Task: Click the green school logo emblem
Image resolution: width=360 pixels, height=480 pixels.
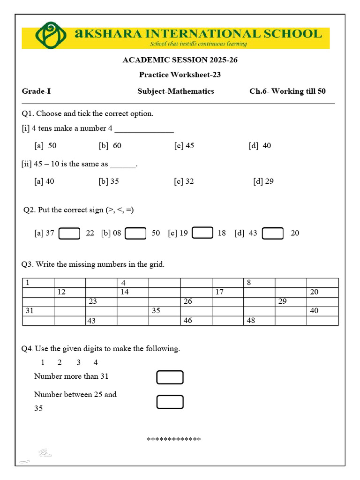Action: click(x=48, y=35)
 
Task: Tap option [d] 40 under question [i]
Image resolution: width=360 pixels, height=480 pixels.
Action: click(x=260, y=145)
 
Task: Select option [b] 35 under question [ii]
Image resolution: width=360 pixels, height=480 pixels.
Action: click(x=109, y=181)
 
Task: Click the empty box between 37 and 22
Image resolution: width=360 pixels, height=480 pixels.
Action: click(x=69, y=233)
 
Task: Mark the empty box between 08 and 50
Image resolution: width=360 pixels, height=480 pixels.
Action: click(x=136, y=233)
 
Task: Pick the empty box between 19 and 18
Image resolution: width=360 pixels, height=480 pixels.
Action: click(x=202, y=232)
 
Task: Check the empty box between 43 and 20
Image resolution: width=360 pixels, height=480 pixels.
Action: click(x=273, y=233)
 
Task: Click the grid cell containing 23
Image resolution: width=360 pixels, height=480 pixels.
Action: click(x=101, y=301)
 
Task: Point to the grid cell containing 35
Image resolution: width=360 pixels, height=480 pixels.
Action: click(x=164, y=311)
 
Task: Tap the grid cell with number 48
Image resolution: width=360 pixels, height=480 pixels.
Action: click(x=259, y=321)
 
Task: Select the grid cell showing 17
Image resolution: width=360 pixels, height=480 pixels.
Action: click(x=227, y=292)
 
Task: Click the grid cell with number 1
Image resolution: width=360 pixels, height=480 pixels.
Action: click(x=38, y=283)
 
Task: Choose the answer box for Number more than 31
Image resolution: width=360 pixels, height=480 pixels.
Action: click(x=170, y=377)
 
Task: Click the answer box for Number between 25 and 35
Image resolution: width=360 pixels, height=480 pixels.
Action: click(x=170, y=402)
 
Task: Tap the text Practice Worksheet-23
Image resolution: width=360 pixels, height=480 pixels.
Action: click(x=180, y=75)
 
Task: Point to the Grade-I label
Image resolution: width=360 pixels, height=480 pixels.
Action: click(x=36, y=91)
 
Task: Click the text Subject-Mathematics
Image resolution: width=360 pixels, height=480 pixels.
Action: click(x=176, y=91)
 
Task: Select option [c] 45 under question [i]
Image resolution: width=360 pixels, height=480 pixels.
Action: click(x=184, y=145)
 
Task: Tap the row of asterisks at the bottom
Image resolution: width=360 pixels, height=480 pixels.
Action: click(x=174, y=439)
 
